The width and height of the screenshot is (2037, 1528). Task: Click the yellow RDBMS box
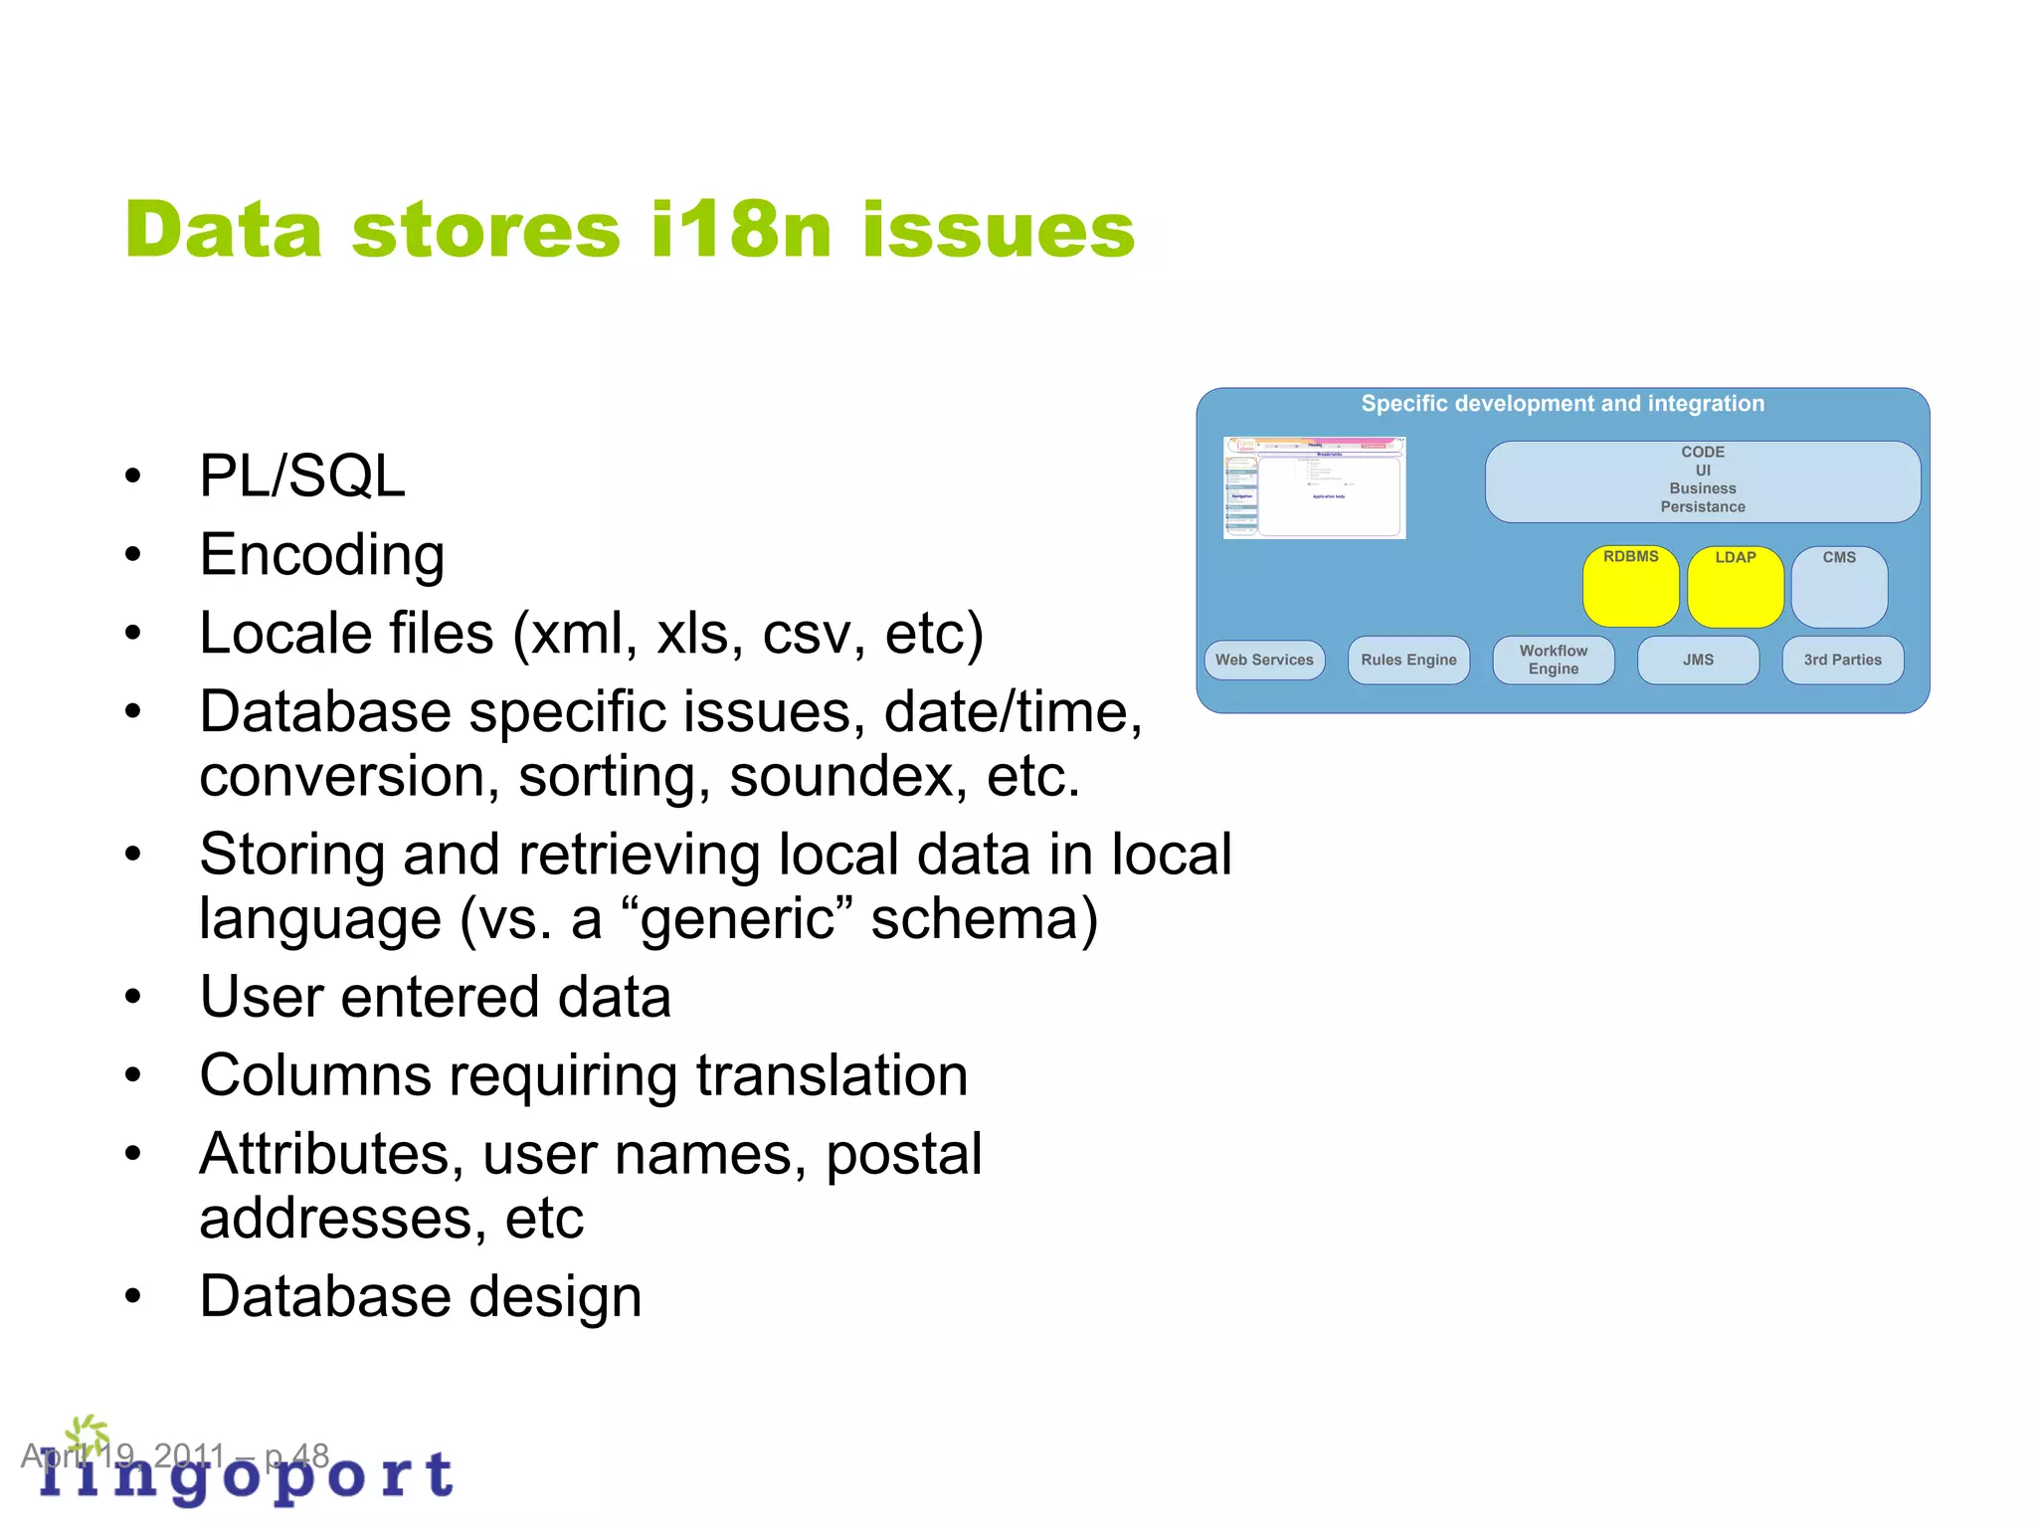[x=1630, y=587]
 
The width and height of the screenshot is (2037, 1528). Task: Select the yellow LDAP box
[x=1735, y=587]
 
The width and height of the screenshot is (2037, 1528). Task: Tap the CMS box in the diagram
[x=1839, y=587]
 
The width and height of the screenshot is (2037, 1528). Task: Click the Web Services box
[x=1264, y=660]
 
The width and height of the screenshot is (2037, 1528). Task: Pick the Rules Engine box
[x=1408, y=660]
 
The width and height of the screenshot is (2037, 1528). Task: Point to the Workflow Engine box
[x=1553, y=660]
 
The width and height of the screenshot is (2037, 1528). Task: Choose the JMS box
[x=1698, y=660]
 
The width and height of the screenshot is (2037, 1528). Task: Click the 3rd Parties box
[x=1842, y=660]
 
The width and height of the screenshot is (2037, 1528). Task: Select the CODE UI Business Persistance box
[x=1702, y=480]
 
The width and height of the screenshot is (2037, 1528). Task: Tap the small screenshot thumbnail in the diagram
[x=1314, y=487]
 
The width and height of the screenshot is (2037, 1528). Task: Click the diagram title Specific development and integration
[x=1563, y=404]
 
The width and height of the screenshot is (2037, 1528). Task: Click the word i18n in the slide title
[x=740, y=231]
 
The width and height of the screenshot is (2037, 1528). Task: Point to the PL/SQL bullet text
[x=302, y=476]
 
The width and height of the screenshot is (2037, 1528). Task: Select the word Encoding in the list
[x=321, y=554]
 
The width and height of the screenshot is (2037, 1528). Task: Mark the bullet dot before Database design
[x=133, y=1296]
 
